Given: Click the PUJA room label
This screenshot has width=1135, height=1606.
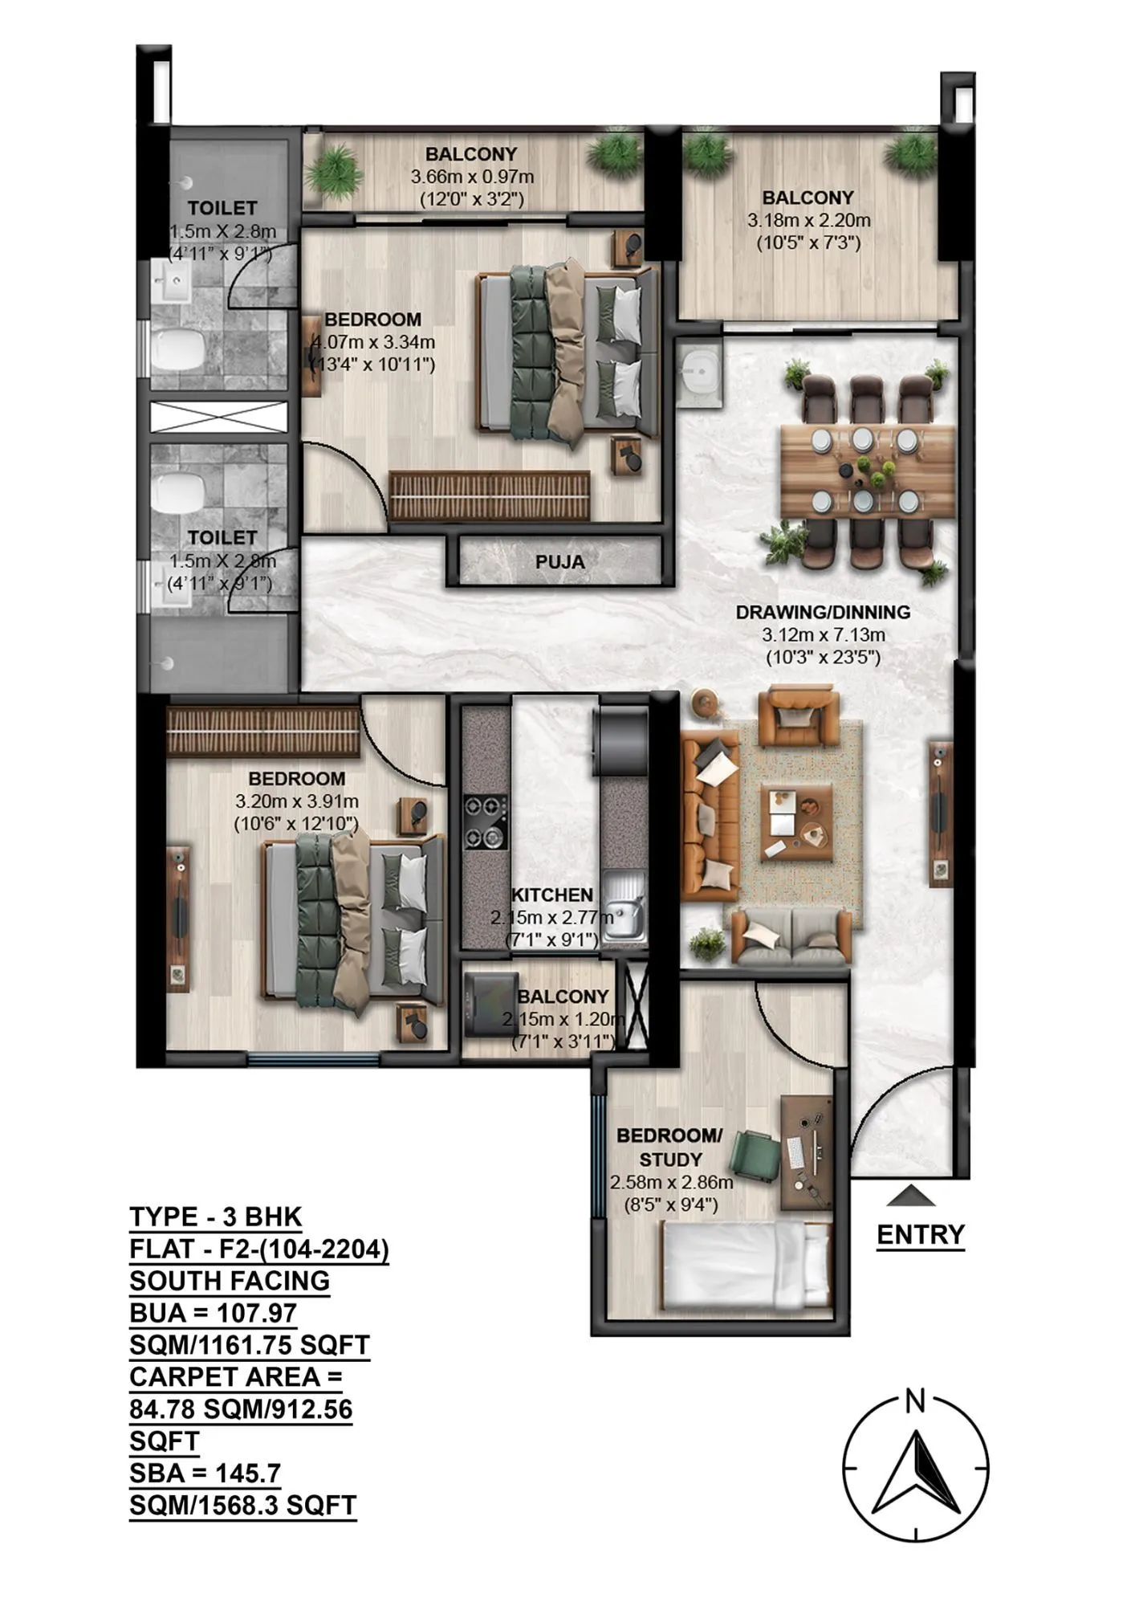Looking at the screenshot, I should coord(559,562).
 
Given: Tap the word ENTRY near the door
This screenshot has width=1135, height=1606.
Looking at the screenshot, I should coord(920,1234).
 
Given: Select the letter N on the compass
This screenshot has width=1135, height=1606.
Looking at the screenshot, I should coord(914,1402).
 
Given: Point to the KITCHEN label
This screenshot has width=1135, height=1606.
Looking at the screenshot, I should coord(552,895).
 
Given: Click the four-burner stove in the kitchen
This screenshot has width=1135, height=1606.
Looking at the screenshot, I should coord(485,821).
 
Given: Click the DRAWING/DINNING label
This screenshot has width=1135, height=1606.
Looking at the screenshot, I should coord(823,612).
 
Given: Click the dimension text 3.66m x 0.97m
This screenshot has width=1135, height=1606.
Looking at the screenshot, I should coord(472,177).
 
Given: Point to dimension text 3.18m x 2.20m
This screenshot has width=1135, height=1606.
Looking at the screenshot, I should coord(808,220).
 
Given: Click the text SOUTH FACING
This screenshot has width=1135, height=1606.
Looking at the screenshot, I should coord(230,1280).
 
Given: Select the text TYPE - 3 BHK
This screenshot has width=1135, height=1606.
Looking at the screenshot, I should coord(216,1217).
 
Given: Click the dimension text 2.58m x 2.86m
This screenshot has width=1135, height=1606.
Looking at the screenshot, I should coord(671,1182).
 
